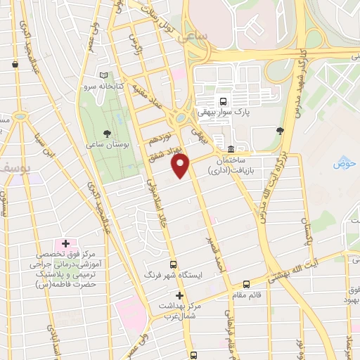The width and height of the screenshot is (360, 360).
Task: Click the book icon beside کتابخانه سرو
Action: (x=104, y=75)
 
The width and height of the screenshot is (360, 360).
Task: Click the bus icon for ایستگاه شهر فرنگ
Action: (x=174, y=265)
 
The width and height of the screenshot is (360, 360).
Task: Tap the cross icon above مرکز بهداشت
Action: (x=180, y=296)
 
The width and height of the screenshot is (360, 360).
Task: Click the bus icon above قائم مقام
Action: (x=245, y=284)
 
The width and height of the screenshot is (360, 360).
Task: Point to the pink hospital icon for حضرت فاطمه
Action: (x=63, y=243)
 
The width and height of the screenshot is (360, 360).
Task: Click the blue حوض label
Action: (x=344, y=164)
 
